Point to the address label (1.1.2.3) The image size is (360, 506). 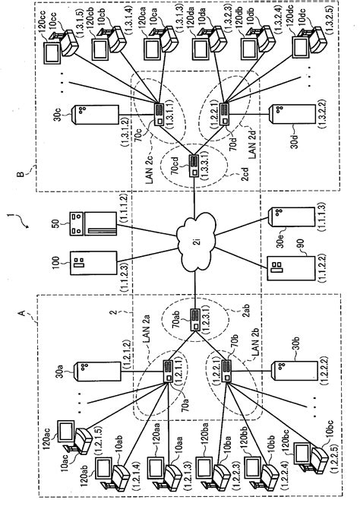pos(128,266)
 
